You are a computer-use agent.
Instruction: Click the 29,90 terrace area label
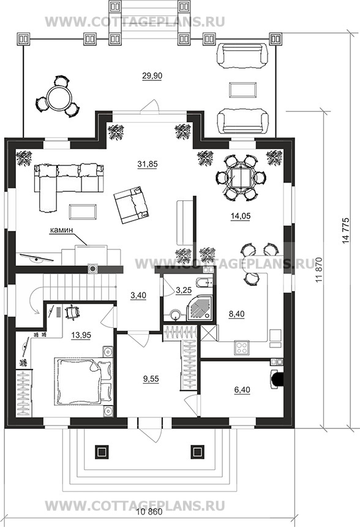152,76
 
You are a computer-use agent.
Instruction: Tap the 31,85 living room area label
148,164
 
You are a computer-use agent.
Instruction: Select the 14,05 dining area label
241,216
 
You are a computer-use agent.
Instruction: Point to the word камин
61,230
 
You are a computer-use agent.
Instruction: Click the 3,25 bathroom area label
183,290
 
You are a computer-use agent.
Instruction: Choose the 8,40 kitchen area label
237,314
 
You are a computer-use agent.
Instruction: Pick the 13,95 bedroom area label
81,335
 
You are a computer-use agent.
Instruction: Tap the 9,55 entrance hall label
151,379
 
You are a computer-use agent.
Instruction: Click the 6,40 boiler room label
242,390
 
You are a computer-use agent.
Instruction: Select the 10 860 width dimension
150,521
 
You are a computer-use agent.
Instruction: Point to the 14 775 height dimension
347,230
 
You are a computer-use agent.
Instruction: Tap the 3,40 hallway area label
138,296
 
